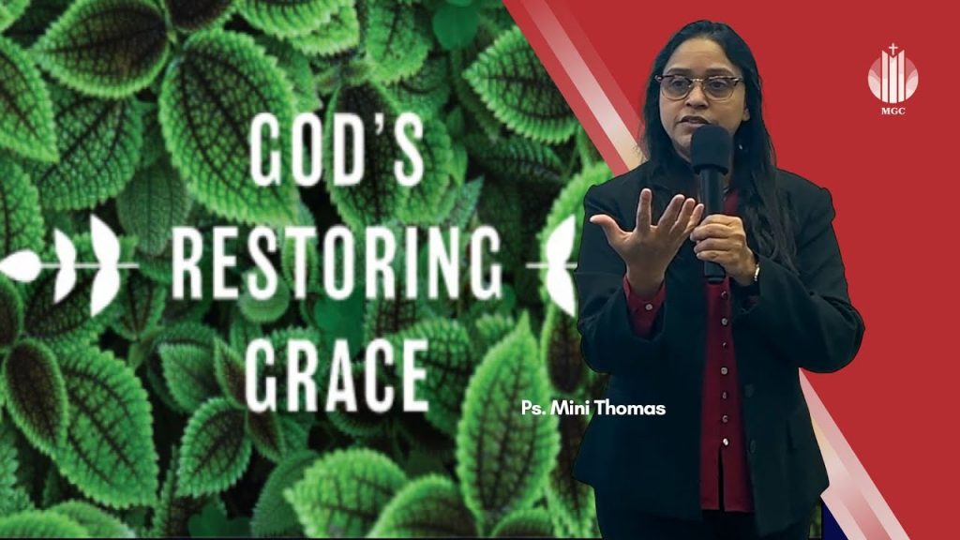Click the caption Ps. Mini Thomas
point(592,408)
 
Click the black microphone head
point(711,150)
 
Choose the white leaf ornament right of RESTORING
point(561,264)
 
